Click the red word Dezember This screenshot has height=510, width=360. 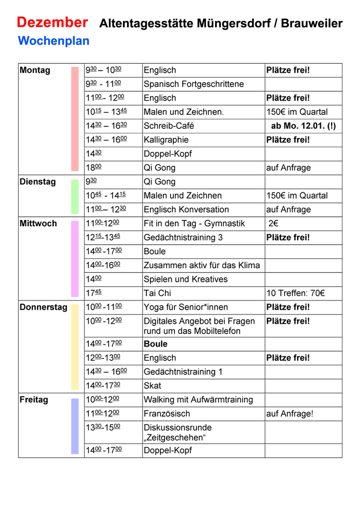click(52, 22)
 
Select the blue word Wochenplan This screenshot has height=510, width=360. click(53, 41)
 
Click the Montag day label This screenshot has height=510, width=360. click(35, 70)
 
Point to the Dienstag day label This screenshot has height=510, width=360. click(38, 182)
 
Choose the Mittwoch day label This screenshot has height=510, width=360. click(38, 223)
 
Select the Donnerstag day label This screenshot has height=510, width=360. click(43, 307)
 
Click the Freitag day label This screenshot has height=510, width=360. click(34, 400)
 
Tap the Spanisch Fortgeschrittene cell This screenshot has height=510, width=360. click(194, 84)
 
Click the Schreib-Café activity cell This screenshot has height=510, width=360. click(169, 126)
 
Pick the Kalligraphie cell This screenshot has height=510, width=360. click(166, 140)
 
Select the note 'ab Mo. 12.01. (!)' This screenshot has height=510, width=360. click(303, 126)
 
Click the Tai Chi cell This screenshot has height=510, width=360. click(158, 293)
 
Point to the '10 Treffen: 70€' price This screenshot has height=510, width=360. click(295, 293)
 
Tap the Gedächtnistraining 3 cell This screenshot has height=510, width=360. click(183, 238)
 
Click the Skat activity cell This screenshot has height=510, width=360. click(152, 386)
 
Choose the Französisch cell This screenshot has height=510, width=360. click(167, 414)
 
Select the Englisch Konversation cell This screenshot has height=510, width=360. click(186, 210)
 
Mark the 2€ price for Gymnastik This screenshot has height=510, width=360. click(273, 223)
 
